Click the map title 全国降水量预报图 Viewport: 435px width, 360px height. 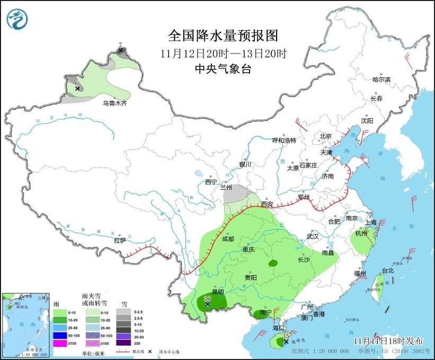click(x=223, y=36)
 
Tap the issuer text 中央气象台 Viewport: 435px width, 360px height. click(x=223, y=68)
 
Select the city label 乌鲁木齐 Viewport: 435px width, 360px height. click(x=115, y=103)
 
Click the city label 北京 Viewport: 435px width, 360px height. click(x=325, y=136)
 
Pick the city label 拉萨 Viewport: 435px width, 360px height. click(x=120, y=240)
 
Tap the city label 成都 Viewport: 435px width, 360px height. click(x=228, y=239)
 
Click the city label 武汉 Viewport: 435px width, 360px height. click(x=313, y=236)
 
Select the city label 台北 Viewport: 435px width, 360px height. click(x=388, y=270)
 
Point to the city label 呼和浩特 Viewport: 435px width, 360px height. click(x=284, y=141)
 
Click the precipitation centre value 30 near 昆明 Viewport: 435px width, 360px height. click(x=208, y=299)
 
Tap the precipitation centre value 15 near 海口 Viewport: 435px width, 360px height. click(x=286, y=336)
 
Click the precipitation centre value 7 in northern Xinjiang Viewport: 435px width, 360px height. click(x=120, y=45)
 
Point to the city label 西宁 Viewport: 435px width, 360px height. click(x=211, y=182)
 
